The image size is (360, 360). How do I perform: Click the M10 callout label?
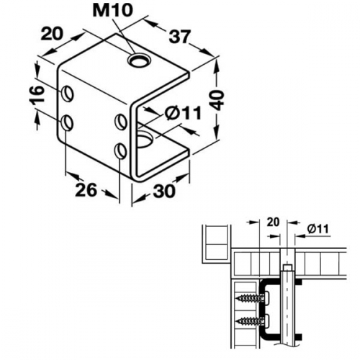pyautogui.click(x=113, y=11)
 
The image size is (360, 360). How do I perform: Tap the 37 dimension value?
pyautogui.click(x=179, y=37)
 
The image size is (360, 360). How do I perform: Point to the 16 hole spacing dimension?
pyautogui.click(x=38, y=94)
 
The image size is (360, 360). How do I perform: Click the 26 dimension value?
pyautogui.click(x=86, y=190)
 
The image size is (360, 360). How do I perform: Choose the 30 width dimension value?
pyautogui.click(x=164, y=192)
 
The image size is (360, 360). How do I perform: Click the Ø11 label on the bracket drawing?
pyautogui.click(x=183, y=113)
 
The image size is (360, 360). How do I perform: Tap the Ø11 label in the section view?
pyautogui.click(x=318, y=230)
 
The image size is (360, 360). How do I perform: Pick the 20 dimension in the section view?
pyautogui.click(x=273, y=222)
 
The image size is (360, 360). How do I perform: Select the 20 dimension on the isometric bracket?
pyautogui.click(x=52, y=34)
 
